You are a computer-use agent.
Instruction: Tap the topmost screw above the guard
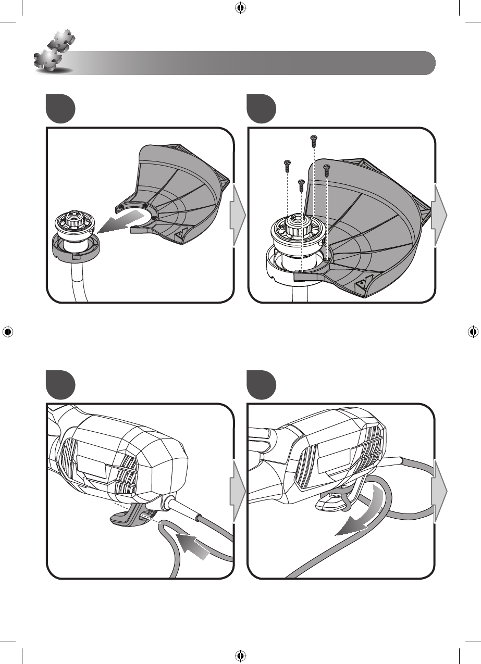coord(314,140)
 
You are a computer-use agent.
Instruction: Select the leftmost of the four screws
coord(287,165)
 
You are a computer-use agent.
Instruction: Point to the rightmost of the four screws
coord(327,169)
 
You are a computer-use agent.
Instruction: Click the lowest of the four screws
coord(301,183)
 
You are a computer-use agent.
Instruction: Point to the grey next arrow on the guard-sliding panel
coord(238,215)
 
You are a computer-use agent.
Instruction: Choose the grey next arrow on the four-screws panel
coord(440,215)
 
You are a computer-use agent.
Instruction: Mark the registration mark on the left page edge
coord(8,332)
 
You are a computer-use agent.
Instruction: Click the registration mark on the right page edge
coord(473,332)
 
